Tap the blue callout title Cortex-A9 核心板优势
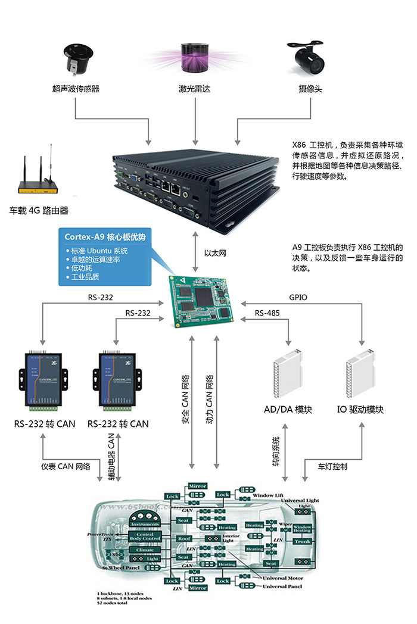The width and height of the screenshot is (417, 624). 105,237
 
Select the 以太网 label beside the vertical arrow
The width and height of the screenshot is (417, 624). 214,252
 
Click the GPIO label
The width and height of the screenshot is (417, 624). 298,296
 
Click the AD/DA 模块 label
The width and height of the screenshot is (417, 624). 288,410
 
